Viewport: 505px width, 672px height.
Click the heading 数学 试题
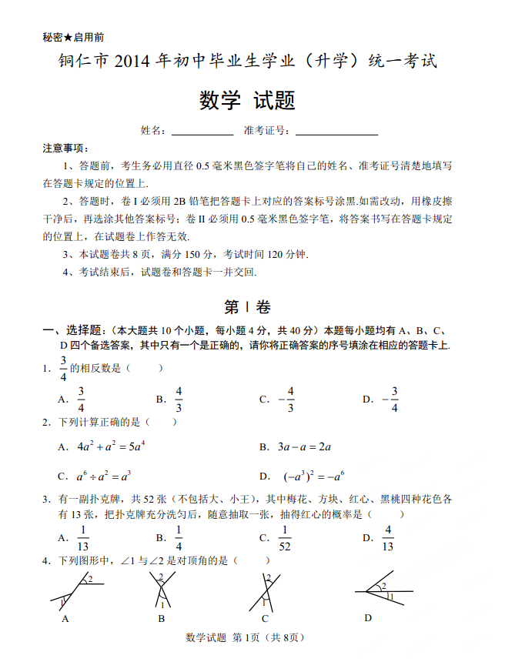pos(248,101)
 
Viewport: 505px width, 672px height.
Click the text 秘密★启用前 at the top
pos(74,37)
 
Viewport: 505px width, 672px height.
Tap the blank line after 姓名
pos(202,132)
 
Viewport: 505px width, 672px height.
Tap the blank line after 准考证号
pos(336,132)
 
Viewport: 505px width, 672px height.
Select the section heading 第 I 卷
pos(247,306)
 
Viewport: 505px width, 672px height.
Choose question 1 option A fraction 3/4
pos(81,400)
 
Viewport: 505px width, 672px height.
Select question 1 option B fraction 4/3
pos(179,400)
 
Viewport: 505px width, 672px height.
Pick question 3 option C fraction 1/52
pos(284,538)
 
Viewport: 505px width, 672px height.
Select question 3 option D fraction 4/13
pos(388,538)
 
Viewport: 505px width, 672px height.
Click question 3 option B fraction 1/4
pos(179,538)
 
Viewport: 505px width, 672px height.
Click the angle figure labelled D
pos(380,593)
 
